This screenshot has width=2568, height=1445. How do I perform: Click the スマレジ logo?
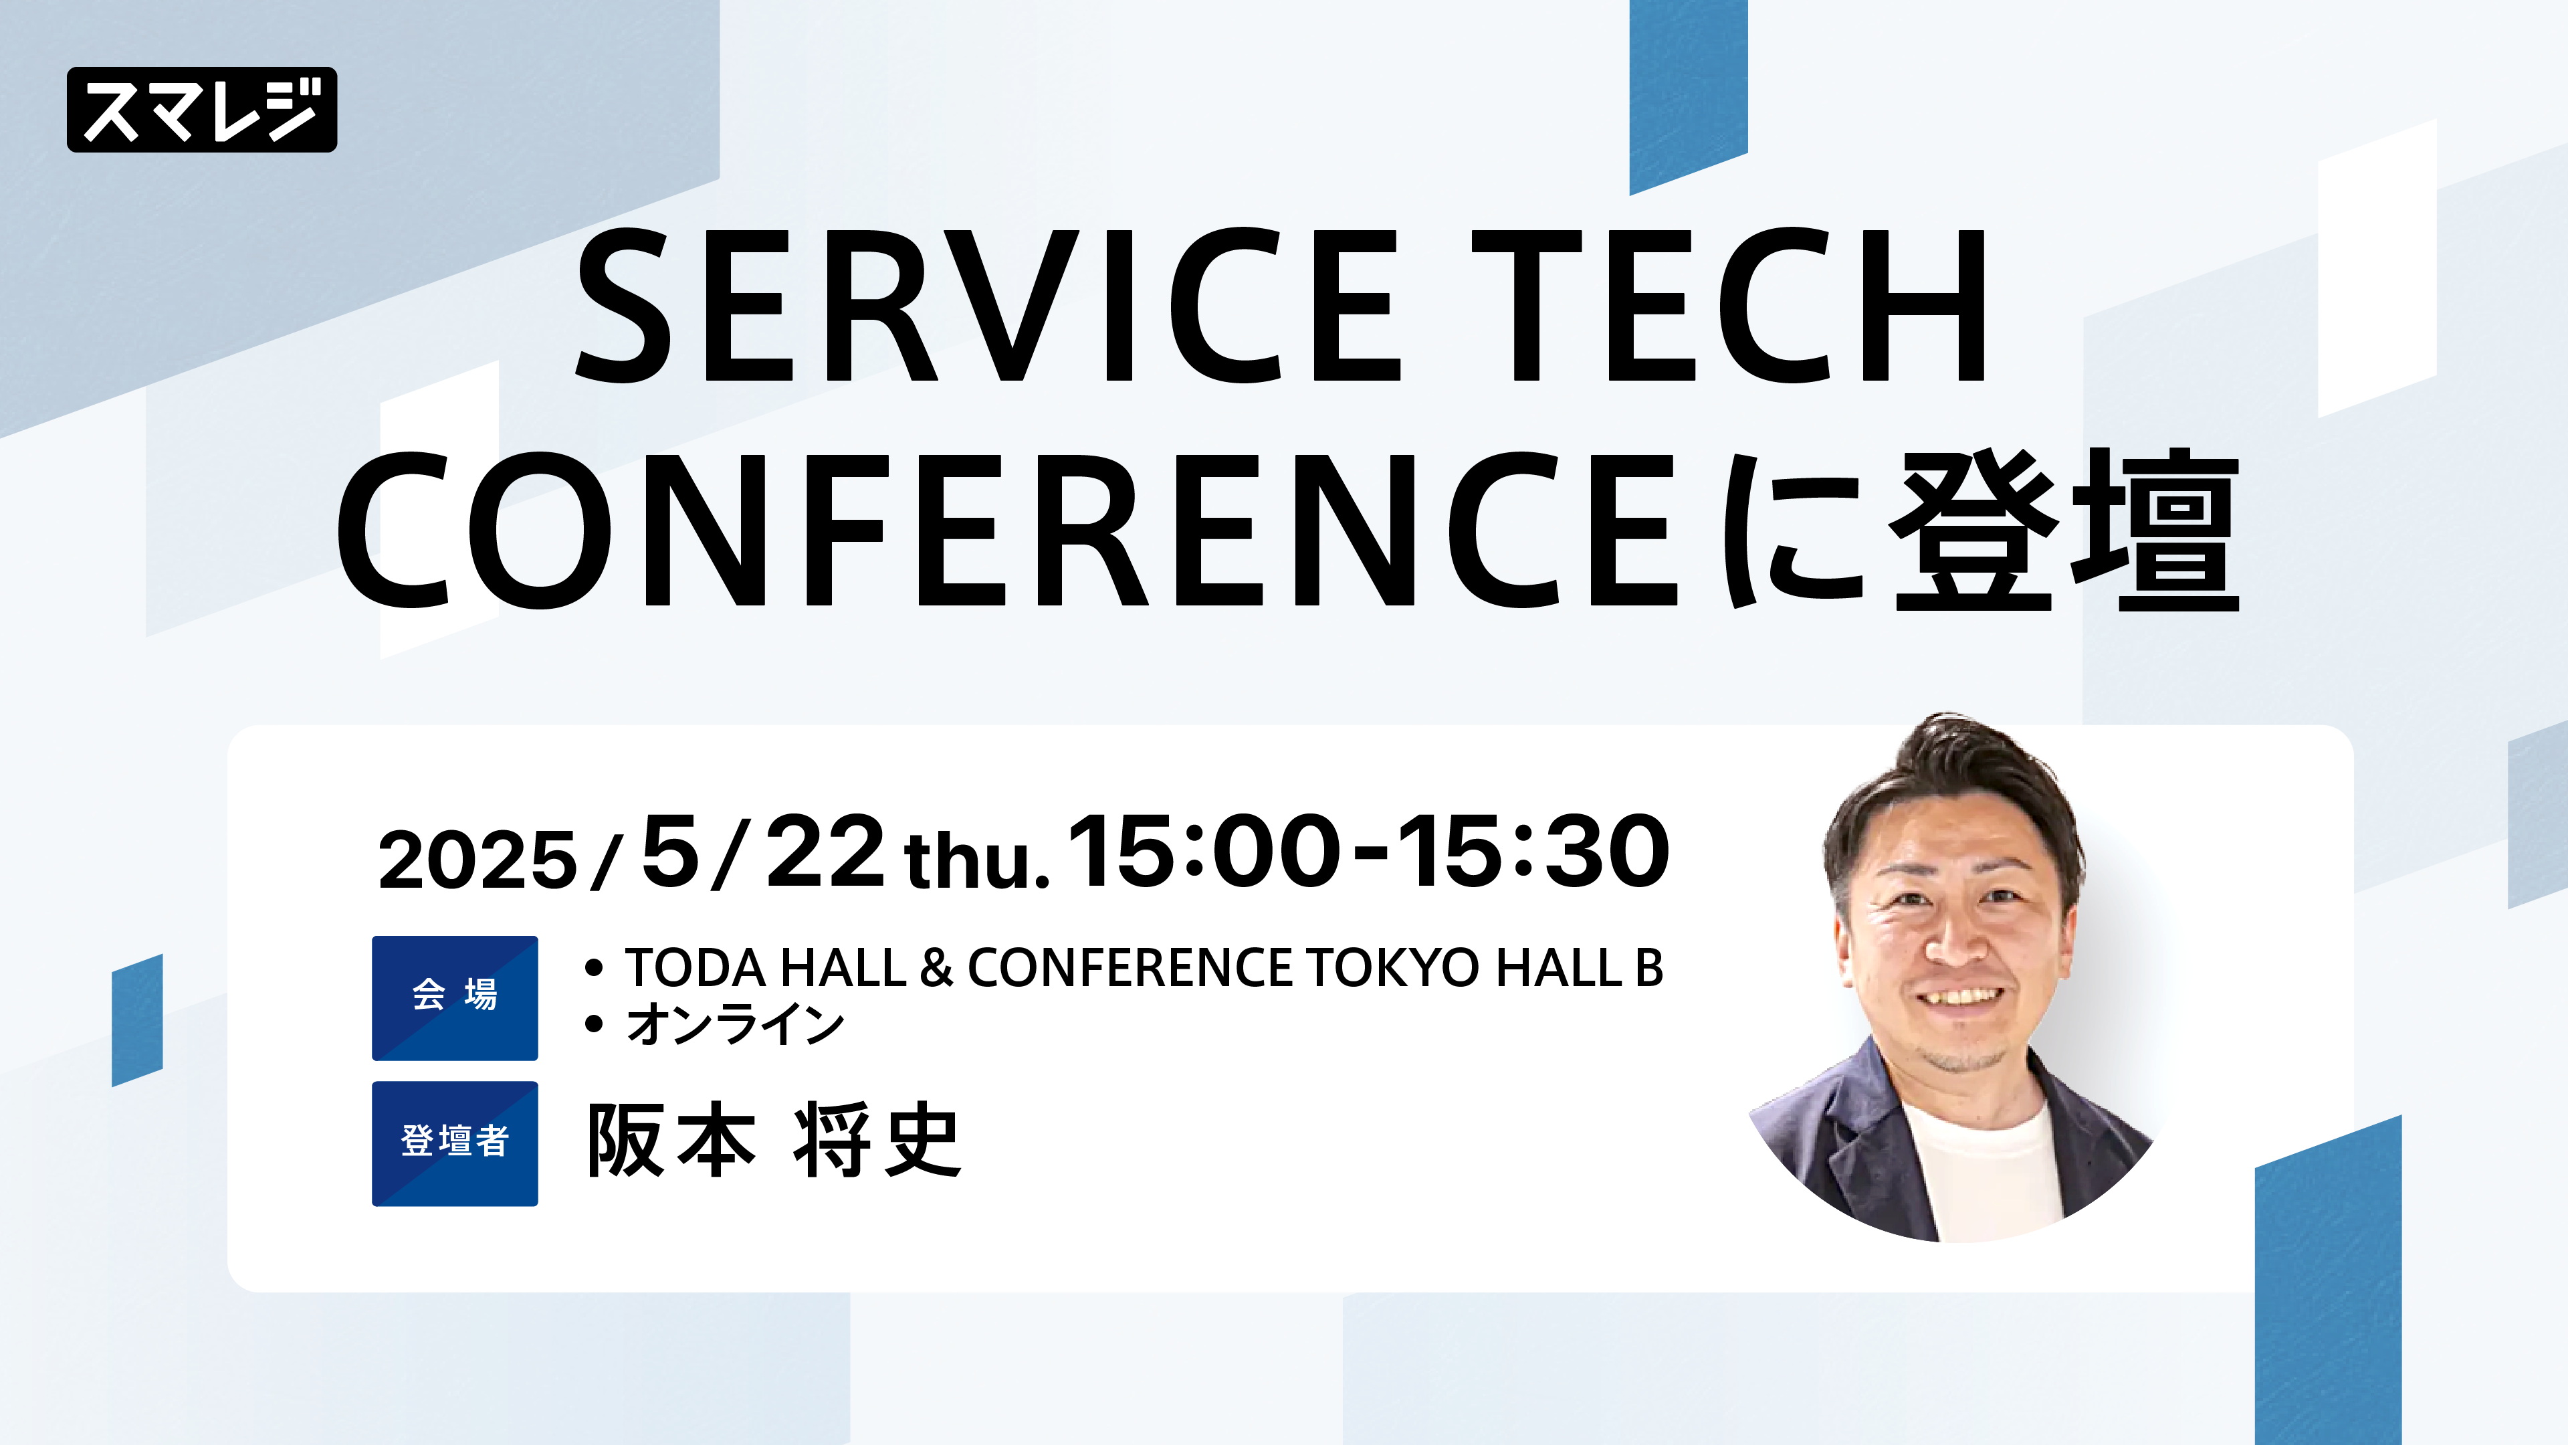[x=201, y=110]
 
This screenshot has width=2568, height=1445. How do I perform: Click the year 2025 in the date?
[x=477, y=860]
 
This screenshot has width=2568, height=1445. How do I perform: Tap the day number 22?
[x=825, y=851]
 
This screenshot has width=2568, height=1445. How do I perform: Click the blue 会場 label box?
[x=455, y=997]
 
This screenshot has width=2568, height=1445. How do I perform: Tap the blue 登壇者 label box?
[x=455, y=1143]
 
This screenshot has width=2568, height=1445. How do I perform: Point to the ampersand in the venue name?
[x=936, y=967]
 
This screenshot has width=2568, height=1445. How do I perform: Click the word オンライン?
[x=735, y=1024]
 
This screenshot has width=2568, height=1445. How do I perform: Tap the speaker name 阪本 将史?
[x=774, y=1141]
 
